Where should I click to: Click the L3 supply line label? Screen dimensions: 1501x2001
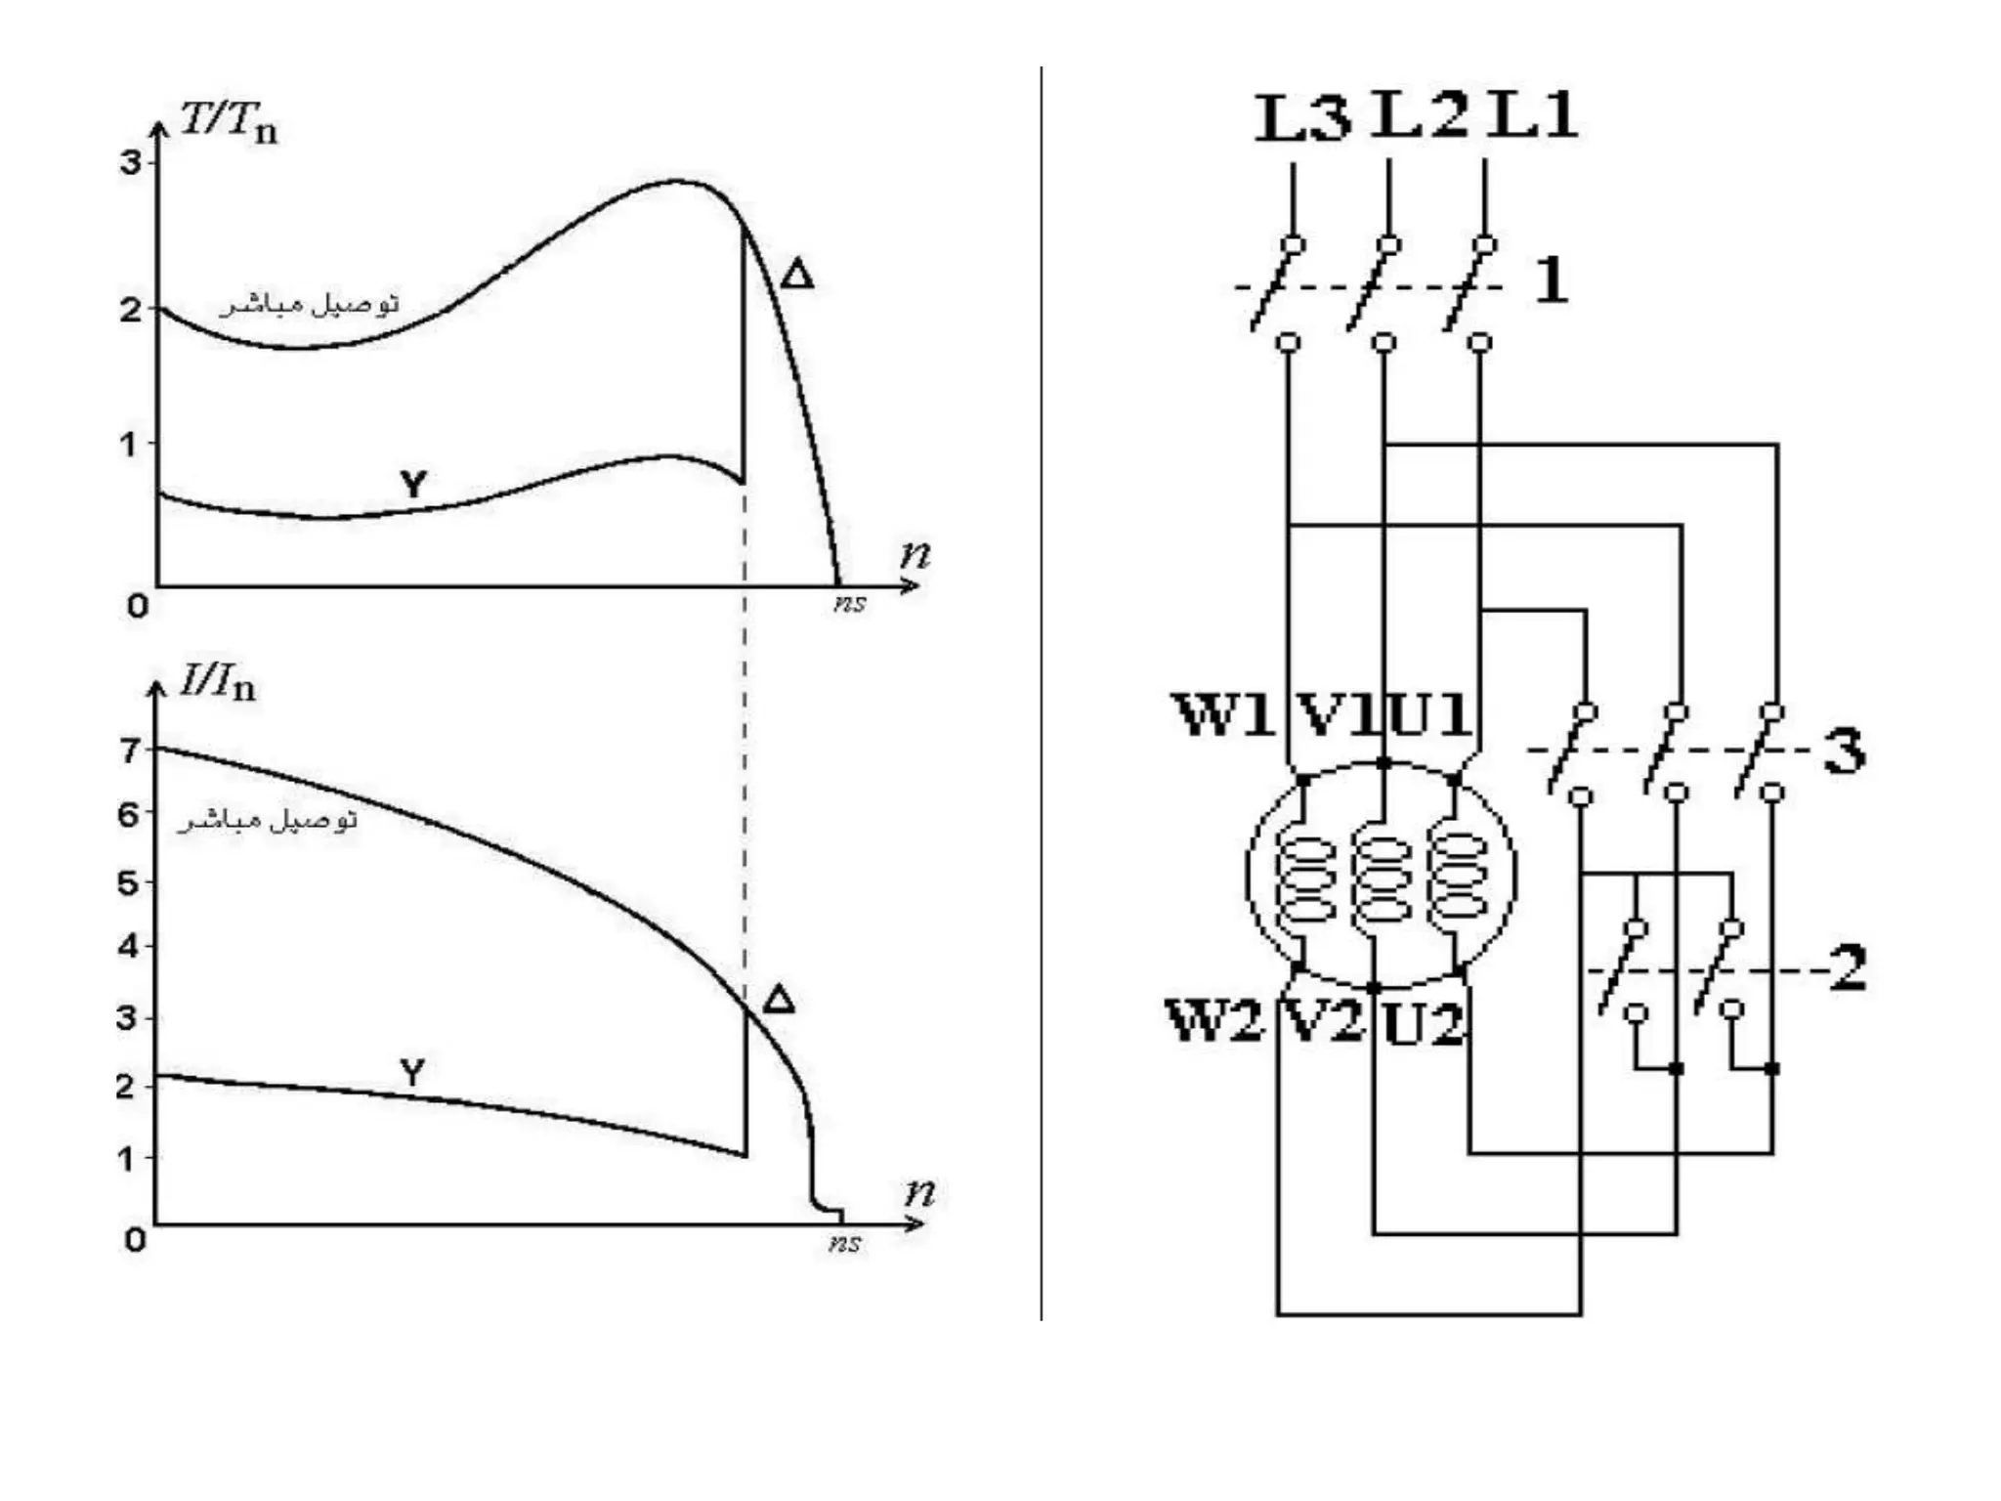pyautogui.click(x=1301, y=119)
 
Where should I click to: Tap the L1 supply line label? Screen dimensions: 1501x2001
pyautogui.click(x=1531, y=115)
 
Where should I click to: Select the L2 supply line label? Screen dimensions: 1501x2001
pyautogui.click(x=1419, y=115)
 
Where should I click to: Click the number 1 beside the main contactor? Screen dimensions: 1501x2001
pyautogui.click(x=1551, y=280)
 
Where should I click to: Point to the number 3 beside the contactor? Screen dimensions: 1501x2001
pyautogui.click(x=1844, y=751)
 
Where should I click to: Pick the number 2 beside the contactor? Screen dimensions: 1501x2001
pyautogui.click(x=1848, y=968)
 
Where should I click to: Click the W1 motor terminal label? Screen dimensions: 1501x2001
pyautogui.click(x=1224, y=714)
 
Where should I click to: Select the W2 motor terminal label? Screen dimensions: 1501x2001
pyautogui.click(x=1215, y=1021)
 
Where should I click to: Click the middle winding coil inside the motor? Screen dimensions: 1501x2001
pyautogui.click(x=1381, y=879)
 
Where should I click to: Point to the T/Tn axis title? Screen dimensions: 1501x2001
pyautogui.click(x=230, y=123)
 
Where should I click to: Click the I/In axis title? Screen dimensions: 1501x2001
pyautogui.click(x=217, y=683)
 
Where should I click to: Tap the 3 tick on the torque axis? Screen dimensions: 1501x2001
pyautogui.click(x=130, y=162)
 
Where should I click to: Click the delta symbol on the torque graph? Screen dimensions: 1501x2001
pyautogui.click(x=797, y=275)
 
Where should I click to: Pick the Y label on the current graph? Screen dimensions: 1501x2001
pyautogui.click(x=412, y=1073)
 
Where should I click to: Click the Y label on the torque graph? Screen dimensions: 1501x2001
pyautogui.click(x=413, y=484)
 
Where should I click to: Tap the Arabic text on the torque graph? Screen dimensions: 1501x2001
pyautogui.click(x=310, y=305)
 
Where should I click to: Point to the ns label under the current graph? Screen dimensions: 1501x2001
pyautogui.click(x=845, y=1243)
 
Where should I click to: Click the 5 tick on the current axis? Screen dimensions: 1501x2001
pyautogui.click(x=128, y=883)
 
